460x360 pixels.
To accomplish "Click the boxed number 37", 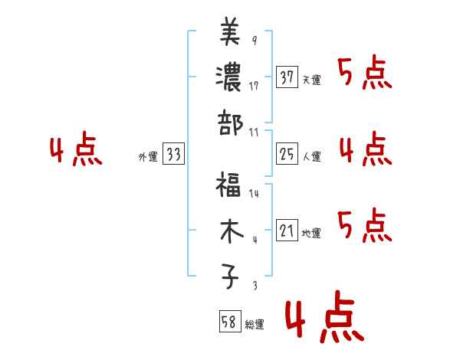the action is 287,77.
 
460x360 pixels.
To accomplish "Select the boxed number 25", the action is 287,154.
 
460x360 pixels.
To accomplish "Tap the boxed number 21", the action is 287,231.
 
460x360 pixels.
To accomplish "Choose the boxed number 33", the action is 173,155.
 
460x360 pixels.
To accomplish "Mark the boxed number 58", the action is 229,321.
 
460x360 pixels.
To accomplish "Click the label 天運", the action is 311,80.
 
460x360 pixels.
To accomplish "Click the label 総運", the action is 255,324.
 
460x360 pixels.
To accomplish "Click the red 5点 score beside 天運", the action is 365,74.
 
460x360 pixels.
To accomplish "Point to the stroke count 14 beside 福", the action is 254,194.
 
